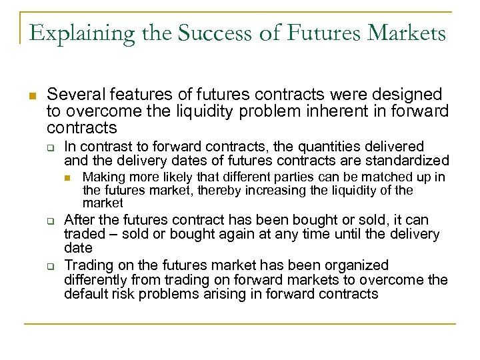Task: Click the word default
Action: coord(84,294)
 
